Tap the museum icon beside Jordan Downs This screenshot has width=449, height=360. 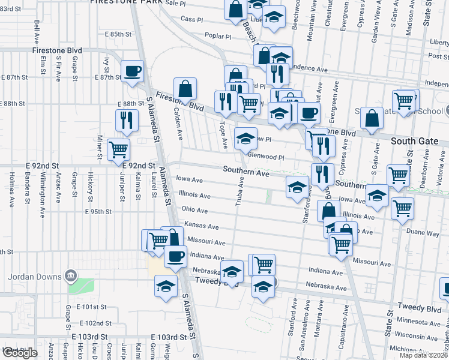coord(71,276)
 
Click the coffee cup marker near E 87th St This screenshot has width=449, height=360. coord(132,71)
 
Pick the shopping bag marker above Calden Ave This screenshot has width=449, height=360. coord(185,89)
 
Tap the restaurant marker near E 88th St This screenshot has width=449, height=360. coord(126,120)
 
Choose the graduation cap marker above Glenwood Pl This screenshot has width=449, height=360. coord(245,139)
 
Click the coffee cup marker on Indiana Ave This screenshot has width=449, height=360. coord(175,256)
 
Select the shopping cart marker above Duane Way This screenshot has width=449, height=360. coord(402,208)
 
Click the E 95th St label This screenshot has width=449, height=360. coord(98,212)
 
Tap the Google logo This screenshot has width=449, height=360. coord(19,353)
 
